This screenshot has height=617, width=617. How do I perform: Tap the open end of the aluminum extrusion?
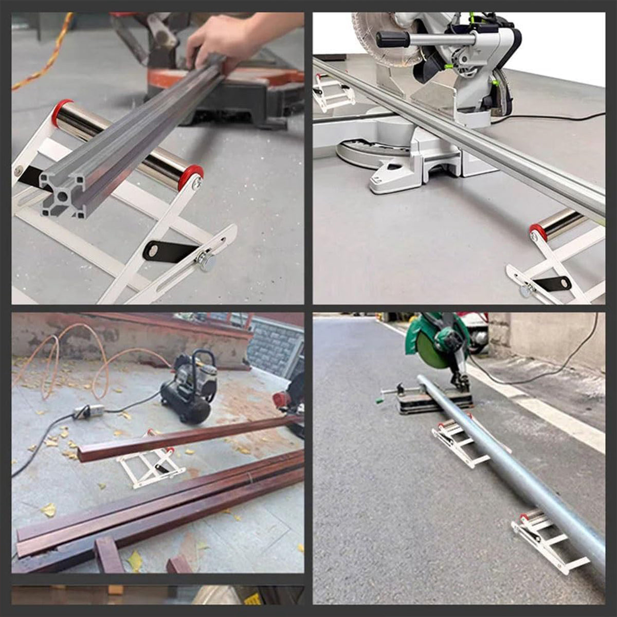pos(62,193)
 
